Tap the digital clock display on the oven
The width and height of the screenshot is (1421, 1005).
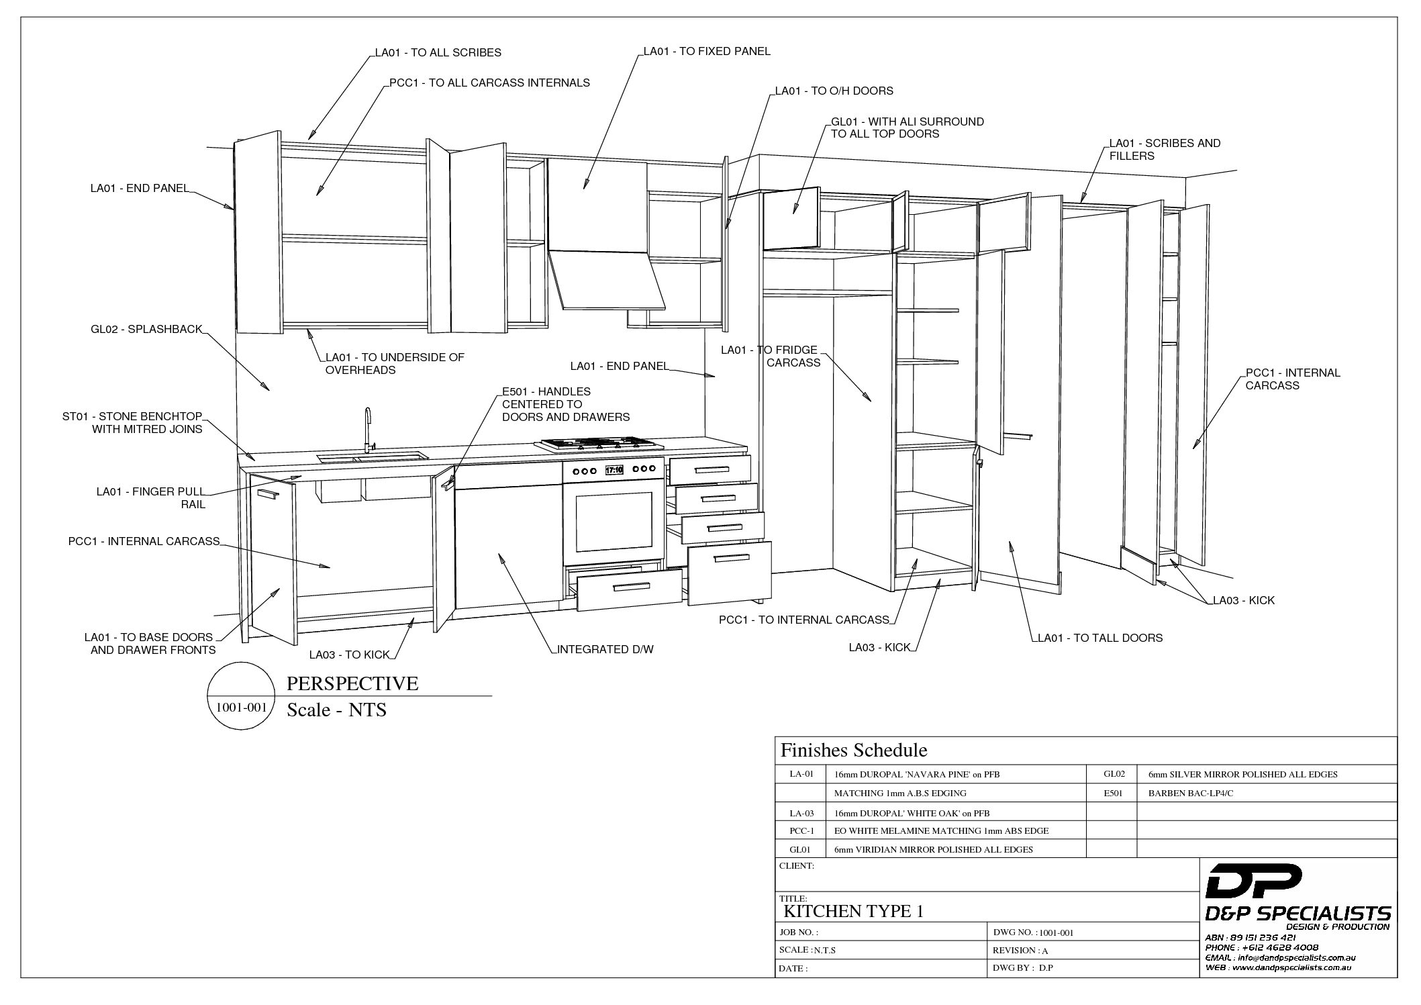614,470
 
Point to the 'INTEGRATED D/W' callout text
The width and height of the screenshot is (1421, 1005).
605,649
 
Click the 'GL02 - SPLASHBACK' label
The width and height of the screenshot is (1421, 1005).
146,329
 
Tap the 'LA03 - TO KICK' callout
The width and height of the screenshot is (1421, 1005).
349,655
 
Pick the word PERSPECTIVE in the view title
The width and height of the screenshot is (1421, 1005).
352,683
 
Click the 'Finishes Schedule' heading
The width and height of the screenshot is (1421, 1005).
854,750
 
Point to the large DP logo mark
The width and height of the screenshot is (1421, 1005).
1254,881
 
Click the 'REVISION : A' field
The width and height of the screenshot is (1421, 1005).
1020,951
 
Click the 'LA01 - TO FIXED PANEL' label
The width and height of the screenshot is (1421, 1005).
707,51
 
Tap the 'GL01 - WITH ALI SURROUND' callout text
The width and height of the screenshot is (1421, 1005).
908,122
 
